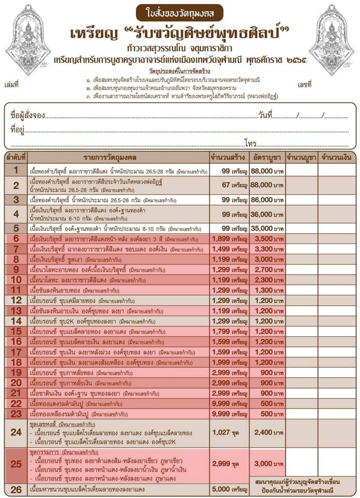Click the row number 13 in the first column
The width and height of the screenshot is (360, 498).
pyautogui.click(x=16, y=310)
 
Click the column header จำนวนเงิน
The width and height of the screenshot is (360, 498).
pyautogui.click(x=336, y=156)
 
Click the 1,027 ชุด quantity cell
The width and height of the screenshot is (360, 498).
pyautogui.click(x=229, y=432)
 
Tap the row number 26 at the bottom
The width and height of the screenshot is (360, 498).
pyautogui.click(x=16, y=490)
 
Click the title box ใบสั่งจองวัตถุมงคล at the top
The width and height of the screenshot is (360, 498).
pyautogui.click(x=179, y=11)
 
